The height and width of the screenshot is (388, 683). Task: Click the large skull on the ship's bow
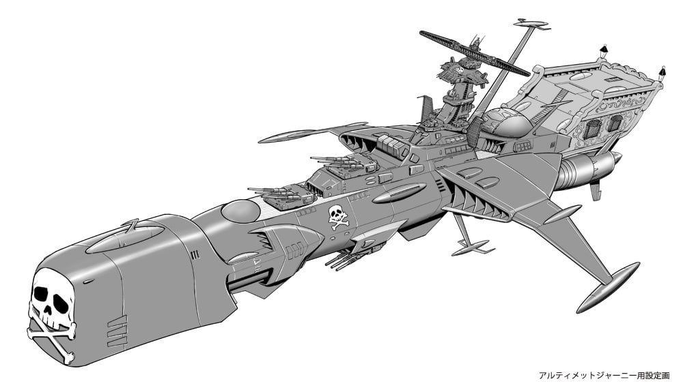click(x=51, y=300)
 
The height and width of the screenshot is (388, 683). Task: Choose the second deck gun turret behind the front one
click(x=344, y=168)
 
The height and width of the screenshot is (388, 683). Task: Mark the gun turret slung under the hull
click(x=348, y=259)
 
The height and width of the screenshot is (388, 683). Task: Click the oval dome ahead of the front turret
click(x=241, y=211)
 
